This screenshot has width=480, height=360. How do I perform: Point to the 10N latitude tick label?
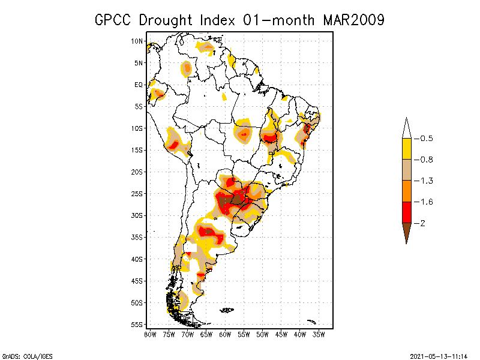point(137,41)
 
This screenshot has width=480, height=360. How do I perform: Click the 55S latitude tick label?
point(137,324)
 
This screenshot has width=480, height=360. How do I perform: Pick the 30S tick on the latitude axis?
point(137,215)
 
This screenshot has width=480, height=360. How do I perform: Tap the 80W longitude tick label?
point(149,334)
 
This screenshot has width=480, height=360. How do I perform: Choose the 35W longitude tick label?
point(319,334)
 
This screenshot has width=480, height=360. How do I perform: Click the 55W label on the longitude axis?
point(244,334)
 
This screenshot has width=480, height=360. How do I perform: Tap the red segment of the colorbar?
point(407,212)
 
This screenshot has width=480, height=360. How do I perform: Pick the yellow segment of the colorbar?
point(407,149)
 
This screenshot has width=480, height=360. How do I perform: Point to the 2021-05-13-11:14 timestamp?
point(439,356)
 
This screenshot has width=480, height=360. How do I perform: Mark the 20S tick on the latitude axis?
point(137,172)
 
